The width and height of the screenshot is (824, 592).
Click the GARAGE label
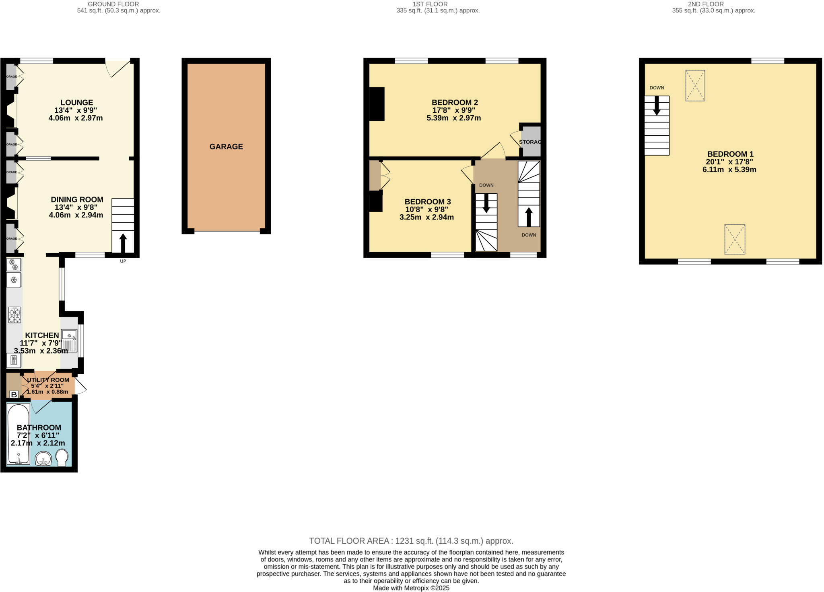(226, 147)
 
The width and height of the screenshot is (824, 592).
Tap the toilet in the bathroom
(62, 457)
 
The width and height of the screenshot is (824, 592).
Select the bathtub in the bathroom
(18, 434)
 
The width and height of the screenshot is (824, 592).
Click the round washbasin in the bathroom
(43, 458)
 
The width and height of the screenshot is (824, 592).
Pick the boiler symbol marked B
(14, 395)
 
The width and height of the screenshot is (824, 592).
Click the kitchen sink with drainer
(69, 341)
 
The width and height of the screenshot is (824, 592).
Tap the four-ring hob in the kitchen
(14, 315)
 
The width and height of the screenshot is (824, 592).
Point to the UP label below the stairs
(123, 261)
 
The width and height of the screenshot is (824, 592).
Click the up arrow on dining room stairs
(123, 242)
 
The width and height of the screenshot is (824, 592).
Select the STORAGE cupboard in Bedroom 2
(531, 142)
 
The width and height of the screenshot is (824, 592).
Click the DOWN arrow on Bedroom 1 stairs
(657, 106)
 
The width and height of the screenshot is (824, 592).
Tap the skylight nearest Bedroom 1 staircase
(695, 85)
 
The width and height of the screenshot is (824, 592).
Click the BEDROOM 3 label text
(427, 202)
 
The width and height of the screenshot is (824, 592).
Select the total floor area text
(411, 541)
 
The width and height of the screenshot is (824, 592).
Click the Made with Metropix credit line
(411, 588)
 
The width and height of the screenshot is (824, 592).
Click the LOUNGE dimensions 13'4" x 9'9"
(76, 110)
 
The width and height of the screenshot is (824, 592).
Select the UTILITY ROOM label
(48, 380)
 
